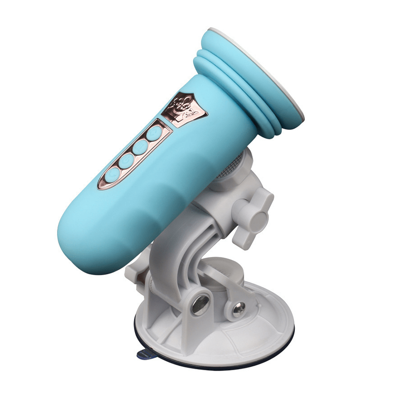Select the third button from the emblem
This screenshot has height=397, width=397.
(127, 161)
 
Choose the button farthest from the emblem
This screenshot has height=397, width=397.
(113, 174)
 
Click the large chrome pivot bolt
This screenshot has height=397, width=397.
(201, 305)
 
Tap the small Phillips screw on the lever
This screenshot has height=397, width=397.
(238, 308)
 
